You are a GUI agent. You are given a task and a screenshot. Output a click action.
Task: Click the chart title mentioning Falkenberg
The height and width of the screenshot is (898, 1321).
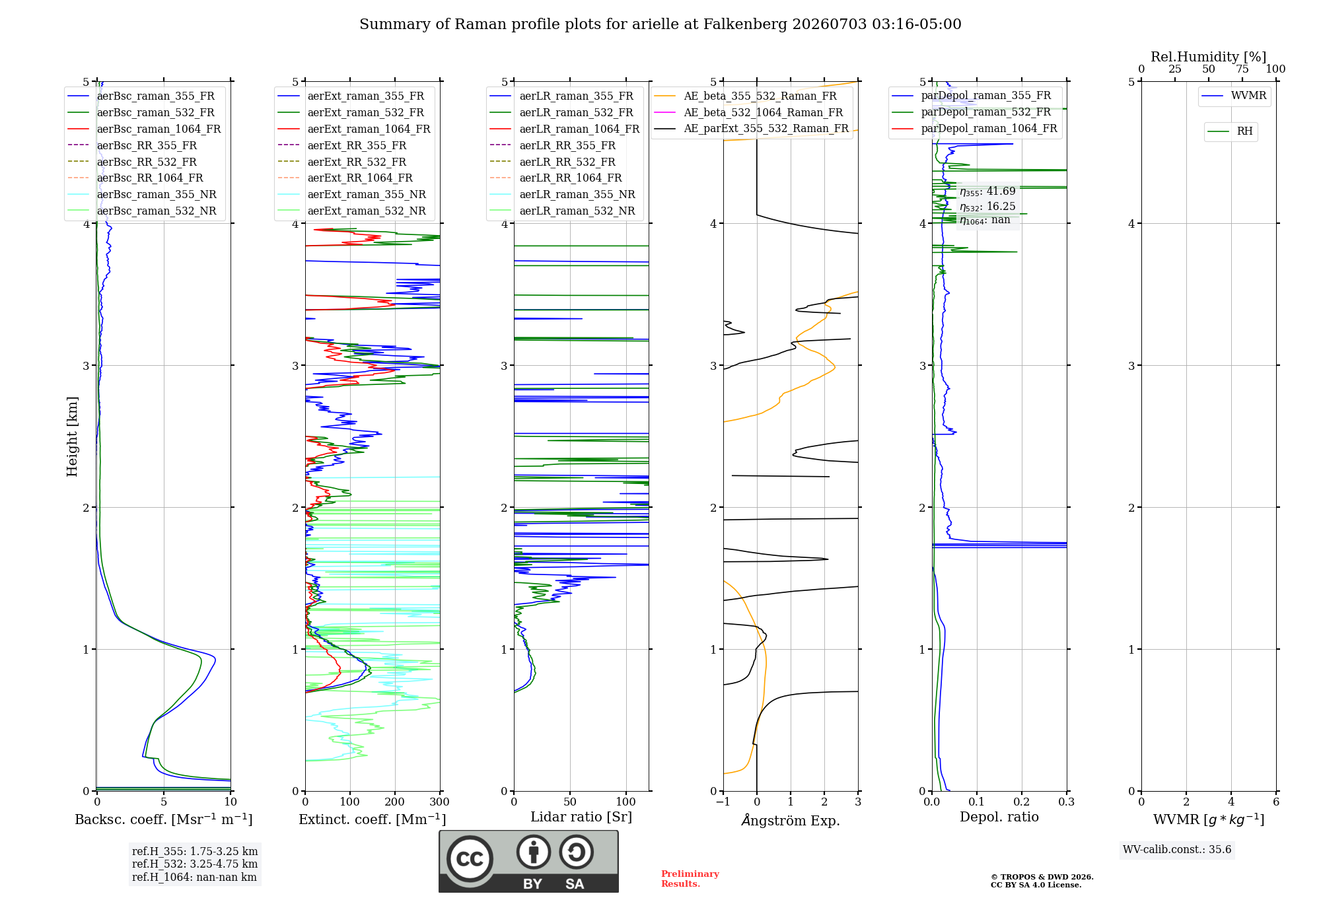pos(660,24)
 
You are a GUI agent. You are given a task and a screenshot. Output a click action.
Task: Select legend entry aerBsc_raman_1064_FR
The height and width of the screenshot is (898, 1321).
pos(159,129)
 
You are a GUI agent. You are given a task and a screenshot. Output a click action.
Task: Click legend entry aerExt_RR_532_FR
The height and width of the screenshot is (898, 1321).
pos(357,162)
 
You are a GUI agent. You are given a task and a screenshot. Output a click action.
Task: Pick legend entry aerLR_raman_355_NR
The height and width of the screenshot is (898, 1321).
pos(577,194)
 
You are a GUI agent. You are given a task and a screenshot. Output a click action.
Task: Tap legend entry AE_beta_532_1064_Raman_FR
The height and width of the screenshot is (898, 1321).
pos(764,112)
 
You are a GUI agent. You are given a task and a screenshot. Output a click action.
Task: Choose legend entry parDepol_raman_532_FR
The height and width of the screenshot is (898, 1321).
pos(986,112)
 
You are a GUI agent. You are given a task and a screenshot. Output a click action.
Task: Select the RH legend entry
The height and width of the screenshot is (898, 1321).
pos(1244,131)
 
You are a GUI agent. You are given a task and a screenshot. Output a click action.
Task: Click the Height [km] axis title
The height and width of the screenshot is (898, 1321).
pos(72,436)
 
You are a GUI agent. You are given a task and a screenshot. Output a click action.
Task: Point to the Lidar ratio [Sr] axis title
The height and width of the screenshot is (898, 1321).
pos(581,817)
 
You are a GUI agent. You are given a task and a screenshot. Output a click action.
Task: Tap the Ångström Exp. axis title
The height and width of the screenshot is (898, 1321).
pos(791,820)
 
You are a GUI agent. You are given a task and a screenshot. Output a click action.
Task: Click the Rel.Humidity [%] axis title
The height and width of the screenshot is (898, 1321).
pos(1209,57)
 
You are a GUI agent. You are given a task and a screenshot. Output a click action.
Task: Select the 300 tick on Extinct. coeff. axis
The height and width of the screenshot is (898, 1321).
pos(440,802)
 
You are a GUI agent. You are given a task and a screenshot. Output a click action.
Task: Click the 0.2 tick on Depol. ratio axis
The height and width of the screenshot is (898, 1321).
pos(1022,802)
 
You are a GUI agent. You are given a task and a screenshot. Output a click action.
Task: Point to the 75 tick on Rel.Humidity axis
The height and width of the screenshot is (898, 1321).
pos(1242,69)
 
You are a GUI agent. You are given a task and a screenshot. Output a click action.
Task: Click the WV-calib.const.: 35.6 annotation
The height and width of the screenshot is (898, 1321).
pos(1177,849)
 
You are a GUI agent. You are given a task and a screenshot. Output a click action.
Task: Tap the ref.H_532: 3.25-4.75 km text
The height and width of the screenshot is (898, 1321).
pos(195,864)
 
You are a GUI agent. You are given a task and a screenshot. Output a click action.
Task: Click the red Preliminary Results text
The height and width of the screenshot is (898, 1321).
pos(690,879)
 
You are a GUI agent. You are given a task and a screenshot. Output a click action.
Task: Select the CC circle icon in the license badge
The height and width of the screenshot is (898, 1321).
pos(470,858)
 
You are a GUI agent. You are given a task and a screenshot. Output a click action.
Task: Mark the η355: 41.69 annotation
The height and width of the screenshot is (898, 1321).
pos(987,191)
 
